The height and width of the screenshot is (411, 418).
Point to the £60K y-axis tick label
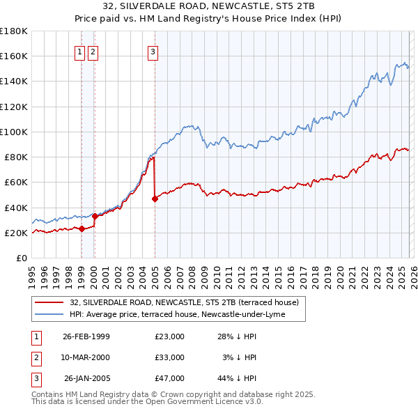point(15,183)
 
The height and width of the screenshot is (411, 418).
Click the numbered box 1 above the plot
point(80,51)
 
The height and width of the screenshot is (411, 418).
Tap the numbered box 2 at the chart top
point(93,51)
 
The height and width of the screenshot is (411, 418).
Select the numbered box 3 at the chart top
point(153,51)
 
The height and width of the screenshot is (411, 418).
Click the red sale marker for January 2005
point(155,199)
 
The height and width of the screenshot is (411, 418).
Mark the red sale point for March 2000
point(95,216)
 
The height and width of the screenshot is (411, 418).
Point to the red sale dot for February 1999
point(82,228)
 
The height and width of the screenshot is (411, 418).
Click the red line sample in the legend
point(49,302)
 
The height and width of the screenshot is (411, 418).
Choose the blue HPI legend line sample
point(49,314)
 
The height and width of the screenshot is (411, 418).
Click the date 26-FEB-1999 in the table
point(86,336)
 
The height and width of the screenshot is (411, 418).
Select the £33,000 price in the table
point(170,357)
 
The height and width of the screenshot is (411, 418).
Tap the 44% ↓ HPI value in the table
point(237,379)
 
